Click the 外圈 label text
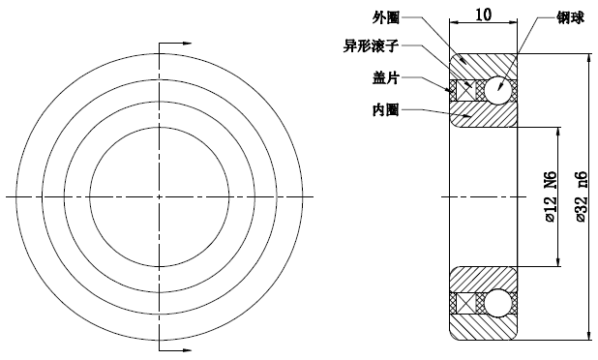click(386, 17)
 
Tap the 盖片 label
click(386, 76)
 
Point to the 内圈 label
click(386, 109)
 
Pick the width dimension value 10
click(484, 15)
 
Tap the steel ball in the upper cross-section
click(499, 88)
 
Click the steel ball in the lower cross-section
click(499, 303)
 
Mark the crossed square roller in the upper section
click(465, 88)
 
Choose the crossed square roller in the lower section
click(465, 303)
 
